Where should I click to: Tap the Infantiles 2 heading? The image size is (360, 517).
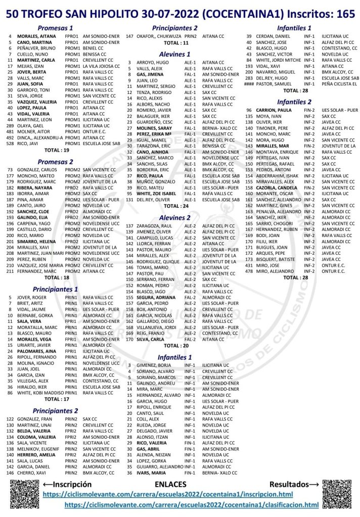[294, 102]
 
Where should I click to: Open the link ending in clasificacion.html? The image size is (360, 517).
[192, 505]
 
